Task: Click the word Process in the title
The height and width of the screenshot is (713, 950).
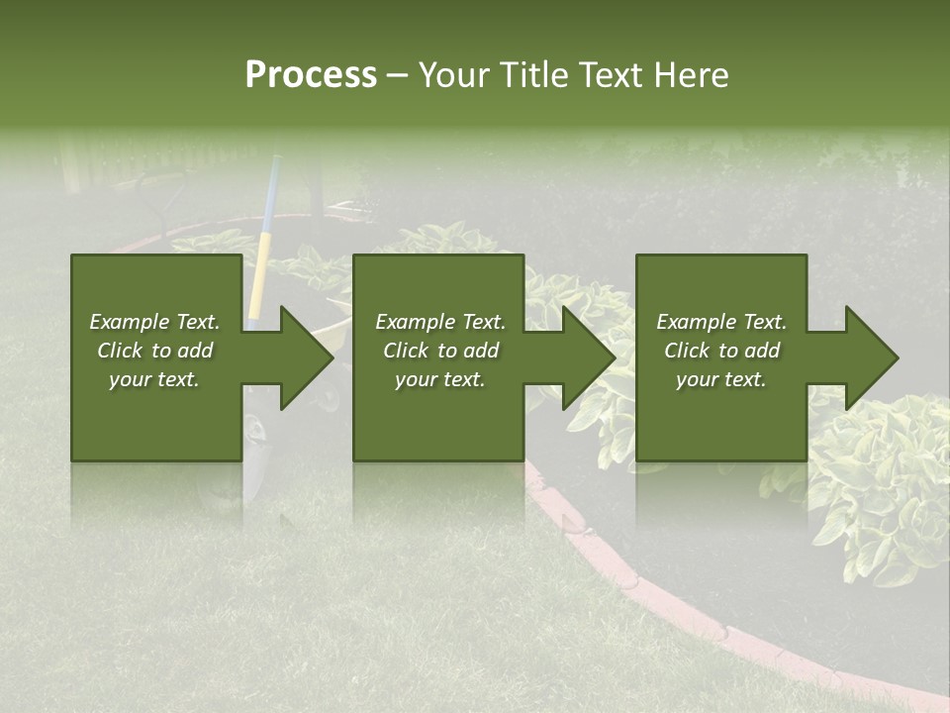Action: tap(311, 75)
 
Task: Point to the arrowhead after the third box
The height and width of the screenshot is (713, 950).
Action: tap(870, 357)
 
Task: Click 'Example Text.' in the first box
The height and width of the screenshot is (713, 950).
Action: tap(154, 322)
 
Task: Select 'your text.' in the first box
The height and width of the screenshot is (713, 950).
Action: tap(154, 379)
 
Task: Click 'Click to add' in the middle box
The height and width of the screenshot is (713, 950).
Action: tap(440, 351)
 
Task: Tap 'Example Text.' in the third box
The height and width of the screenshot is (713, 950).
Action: tap(721, 322)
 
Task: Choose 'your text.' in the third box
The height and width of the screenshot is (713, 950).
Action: tap(721, 379)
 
